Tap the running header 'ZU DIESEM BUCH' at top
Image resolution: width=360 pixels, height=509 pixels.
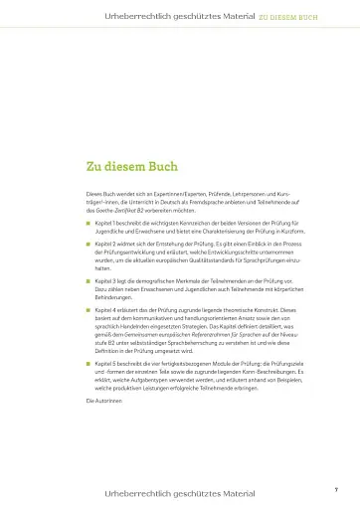click(x=288, y=16)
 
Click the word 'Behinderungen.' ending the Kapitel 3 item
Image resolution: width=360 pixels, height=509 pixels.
click(x=114, y=296)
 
